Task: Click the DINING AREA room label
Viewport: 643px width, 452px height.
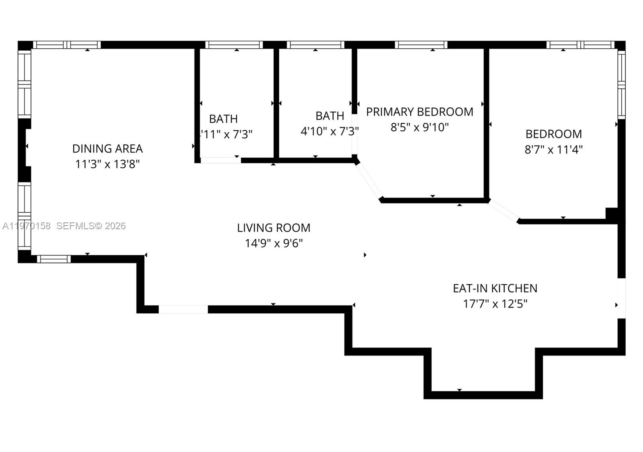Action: tap(107, 148)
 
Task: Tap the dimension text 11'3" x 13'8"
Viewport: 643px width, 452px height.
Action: tap(107, 164)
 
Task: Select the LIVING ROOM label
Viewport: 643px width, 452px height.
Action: tap(273, 228)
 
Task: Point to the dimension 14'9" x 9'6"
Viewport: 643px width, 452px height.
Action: tap(273, 243)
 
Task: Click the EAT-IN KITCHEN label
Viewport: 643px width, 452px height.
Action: tap(495, 288)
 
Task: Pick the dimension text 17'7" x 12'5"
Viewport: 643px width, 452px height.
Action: tap(495, 304)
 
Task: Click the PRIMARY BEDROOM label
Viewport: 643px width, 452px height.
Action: tap(419, 112)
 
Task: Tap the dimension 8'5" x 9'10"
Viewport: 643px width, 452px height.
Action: tap(419, 127)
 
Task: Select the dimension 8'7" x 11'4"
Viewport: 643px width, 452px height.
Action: tap(553, 150)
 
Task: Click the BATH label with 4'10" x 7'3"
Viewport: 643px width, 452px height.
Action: tap(330, 116)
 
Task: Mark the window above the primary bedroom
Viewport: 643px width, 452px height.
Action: tap(421, 45)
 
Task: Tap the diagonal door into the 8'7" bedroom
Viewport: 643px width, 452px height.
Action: tap(504, 211)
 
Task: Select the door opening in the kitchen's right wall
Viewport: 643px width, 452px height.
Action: tap(621, 298)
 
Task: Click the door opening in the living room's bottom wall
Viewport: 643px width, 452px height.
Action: tap(183, 309)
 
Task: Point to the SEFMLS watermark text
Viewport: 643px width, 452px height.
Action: tap(91, 226)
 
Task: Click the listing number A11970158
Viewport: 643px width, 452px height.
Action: tap(27, 226)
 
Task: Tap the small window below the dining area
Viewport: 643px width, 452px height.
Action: tap(54, 259)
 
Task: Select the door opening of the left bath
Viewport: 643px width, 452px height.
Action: tap(220, 160)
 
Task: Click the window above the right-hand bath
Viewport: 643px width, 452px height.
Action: tap(315, 45)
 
